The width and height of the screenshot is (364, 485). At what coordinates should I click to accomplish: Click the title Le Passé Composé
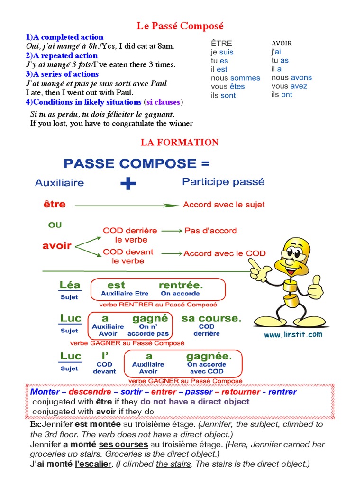[180, 26]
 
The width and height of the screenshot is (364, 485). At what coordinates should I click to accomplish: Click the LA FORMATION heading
[180, 142]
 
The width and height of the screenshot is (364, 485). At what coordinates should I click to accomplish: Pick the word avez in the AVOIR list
[299, 86]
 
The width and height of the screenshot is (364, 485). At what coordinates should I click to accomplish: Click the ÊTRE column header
[221, 44]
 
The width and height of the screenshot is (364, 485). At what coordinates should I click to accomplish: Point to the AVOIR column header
[282, 43]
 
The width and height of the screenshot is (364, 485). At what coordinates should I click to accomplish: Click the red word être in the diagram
[54, 205]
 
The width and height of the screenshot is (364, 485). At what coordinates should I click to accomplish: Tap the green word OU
[55, 225]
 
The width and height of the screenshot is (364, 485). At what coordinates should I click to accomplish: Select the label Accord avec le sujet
[224, 205]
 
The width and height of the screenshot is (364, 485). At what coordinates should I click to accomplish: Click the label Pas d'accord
[210, 231]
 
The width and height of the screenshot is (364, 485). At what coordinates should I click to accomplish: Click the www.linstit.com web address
[293, 334]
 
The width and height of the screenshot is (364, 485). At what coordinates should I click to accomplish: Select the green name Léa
[70, 285]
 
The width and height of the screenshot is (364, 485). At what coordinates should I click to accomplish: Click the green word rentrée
[181, 285]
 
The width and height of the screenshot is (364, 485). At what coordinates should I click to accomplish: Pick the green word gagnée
[209, 356]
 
